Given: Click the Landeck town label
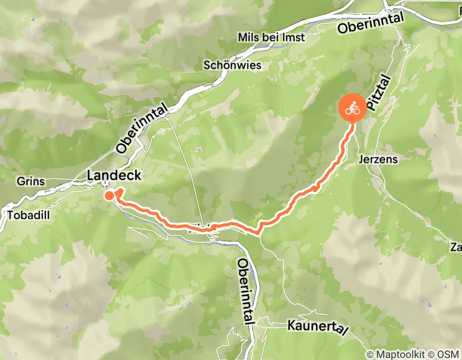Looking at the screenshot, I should pyautogui.click(x=114, y=175).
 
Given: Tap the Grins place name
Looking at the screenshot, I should pyautogui.click(x=30, y=182).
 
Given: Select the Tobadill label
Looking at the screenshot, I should pyautogui.click(x=29, y=215).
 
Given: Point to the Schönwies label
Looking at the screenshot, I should pyautogui.click(x=233, y=65).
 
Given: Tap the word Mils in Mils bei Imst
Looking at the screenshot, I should pyautogui.click(x=248, y=38).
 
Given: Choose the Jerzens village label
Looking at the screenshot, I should pyautogui.click(x=378, y=159).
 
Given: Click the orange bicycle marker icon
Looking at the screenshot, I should pyautogui.click(x=352, y=108).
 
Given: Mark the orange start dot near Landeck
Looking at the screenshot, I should pyautogui.click(x=109, y=195).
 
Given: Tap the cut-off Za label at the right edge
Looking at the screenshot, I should pyautogui.click(x=455, y=248).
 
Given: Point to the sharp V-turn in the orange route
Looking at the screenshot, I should pyautogui.click(x=258, y=232).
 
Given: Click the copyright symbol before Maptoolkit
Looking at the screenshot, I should pyautogui.click(x=370, y=354).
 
